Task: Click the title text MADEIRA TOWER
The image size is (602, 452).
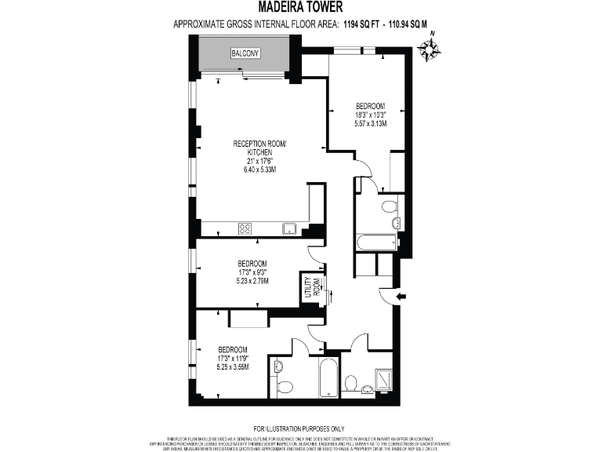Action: coord(301,9)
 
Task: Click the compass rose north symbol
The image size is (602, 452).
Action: coord(429,49)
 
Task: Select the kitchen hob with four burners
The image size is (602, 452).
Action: coord(245,229)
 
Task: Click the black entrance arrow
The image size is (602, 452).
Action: coord(401,297)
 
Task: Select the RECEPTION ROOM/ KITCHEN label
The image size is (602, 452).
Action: coord(260,148)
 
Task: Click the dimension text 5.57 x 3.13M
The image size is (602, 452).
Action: coord(371,124)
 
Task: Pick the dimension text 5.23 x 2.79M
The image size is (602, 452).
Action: coord(252,282)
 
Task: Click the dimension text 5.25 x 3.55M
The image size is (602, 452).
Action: coord(233,367)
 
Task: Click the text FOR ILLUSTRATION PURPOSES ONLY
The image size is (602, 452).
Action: coord(301,428)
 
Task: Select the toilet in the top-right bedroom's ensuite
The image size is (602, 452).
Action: coord(388,208)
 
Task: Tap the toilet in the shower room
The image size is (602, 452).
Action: coord(351,383)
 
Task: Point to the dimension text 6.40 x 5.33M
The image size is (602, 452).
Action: coord(260,169)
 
